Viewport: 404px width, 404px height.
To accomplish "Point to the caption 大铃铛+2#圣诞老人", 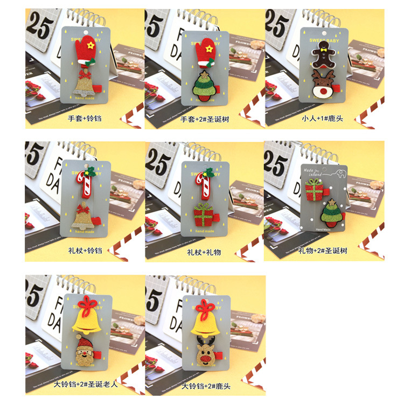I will tap(85, 386).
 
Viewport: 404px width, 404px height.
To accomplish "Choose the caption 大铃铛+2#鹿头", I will tap(205, 386).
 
